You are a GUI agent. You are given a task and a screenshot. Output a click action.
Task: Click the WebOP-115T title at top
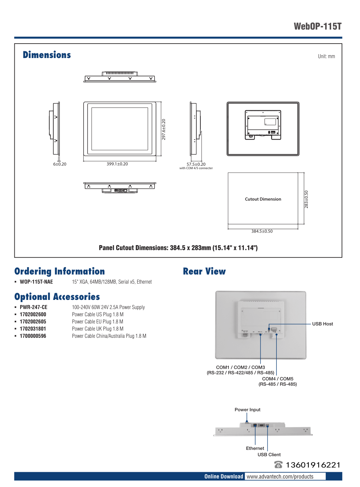click(x=317, y=26)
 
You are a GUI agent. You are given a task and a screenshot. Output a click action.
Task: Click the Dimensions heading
click(x=47, y=55)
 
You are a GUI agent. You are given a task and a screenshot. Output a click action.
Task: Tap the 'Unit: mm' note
click(x=326, y=56)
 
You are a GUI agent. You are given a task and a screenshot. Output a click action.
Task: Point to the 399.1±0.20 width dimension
click(x=117, y=164)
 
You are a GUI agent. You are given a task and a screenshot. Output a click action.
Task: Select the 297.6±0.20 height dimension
click(x=164, y=129)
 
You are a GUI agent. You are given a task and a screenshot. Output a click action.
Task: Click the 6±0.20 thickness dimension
click(x=60, y=164)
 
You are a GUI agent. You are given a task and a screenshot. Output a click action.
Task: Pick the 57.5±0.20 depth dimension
click(x=196, y=164)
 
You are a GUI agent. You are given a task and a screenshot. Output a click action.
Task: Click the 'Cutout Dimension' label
click(x=263, y=199)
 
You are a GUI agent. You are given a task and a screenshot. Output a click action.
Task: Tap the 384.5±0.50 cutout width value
click(x=262, y=231)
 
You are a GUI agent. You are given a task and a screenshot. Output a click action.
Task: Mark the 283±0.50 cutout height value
click(x=306, y=199)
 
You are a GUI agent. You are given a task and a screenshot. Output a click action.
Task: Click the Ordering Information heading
click(x=59, y=271)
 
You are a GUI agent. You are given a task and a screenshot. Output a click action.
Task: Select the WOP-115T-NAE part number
click(x=36, y=282)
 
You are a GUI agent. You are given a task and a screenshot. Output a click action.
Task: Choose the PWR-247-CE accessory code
click(x=34, y=307)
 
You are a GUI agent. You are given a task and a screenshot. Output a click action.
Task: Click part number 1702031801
click(x=33, y=329)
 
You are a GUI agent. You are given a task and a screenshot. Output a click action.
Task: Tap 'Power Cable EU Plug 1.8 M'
click(x=97, y=322)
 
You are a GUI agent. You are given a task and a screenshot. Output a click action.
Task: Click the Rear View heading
click(x=204, y=271)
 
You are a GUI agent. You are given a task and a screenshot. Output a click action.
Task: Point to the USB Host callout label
click(x=323, y=324)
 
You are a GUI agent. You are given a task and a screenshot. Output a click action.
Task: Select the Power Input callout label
click(x=247, y=409)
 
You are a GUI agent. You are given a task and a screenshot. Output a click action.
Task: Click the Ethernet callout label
click(x=255, y=448)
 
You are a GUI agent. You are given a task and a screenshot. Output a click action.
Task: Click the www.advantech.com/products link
click(x=280, y=477)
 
